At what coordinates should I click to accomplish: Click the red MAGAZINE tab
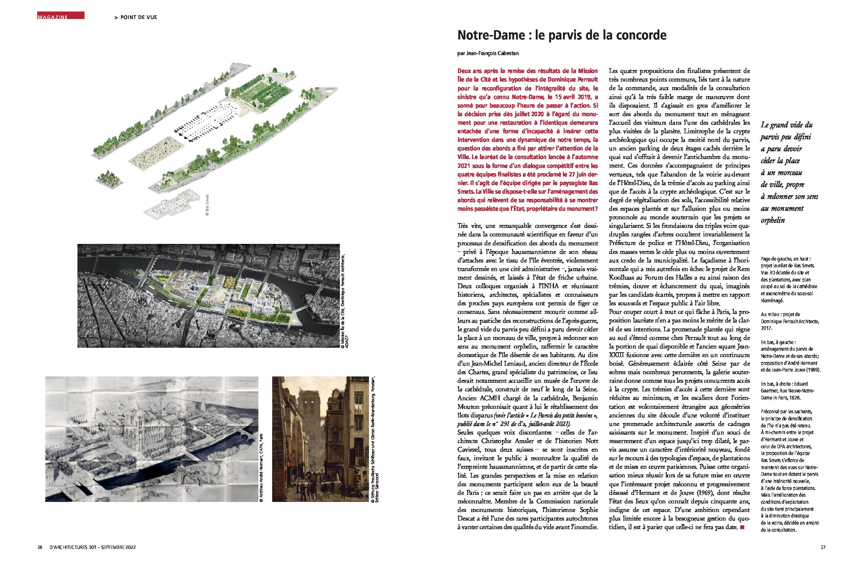tap(60, 16)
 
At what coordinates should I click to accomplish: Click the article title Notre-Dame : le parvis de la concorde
tap(561, 35)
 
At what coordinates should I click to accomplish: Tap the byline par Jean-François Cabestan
tap(488, 53)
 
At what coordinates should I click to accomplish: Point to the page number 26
tap(39, 547)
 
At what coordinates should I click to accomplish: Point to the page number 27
tap(823, 547)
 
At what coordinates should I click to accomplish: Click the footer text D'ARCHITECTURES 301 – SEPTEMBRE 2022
tap(92, 547)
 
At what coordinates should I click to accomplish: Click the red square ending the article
tap(742, 527)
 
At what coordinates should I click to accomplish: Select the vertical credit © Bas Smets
tap(207, 205)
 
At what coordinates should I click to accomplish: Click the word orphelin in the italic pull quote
tap(773, 220)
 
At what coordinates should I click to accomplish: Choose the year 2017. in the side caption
tap(767, 328)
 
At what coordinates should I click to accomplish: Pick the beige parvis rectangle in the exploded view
tap(156, 153)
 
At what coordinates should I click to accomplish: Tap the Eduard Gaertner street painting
tap(320, 439)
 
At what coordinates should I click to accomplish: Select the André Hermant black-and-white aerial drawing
tap(152, 439)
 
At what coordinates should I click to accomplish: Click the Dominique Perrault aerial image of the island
tap(208, 296)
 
